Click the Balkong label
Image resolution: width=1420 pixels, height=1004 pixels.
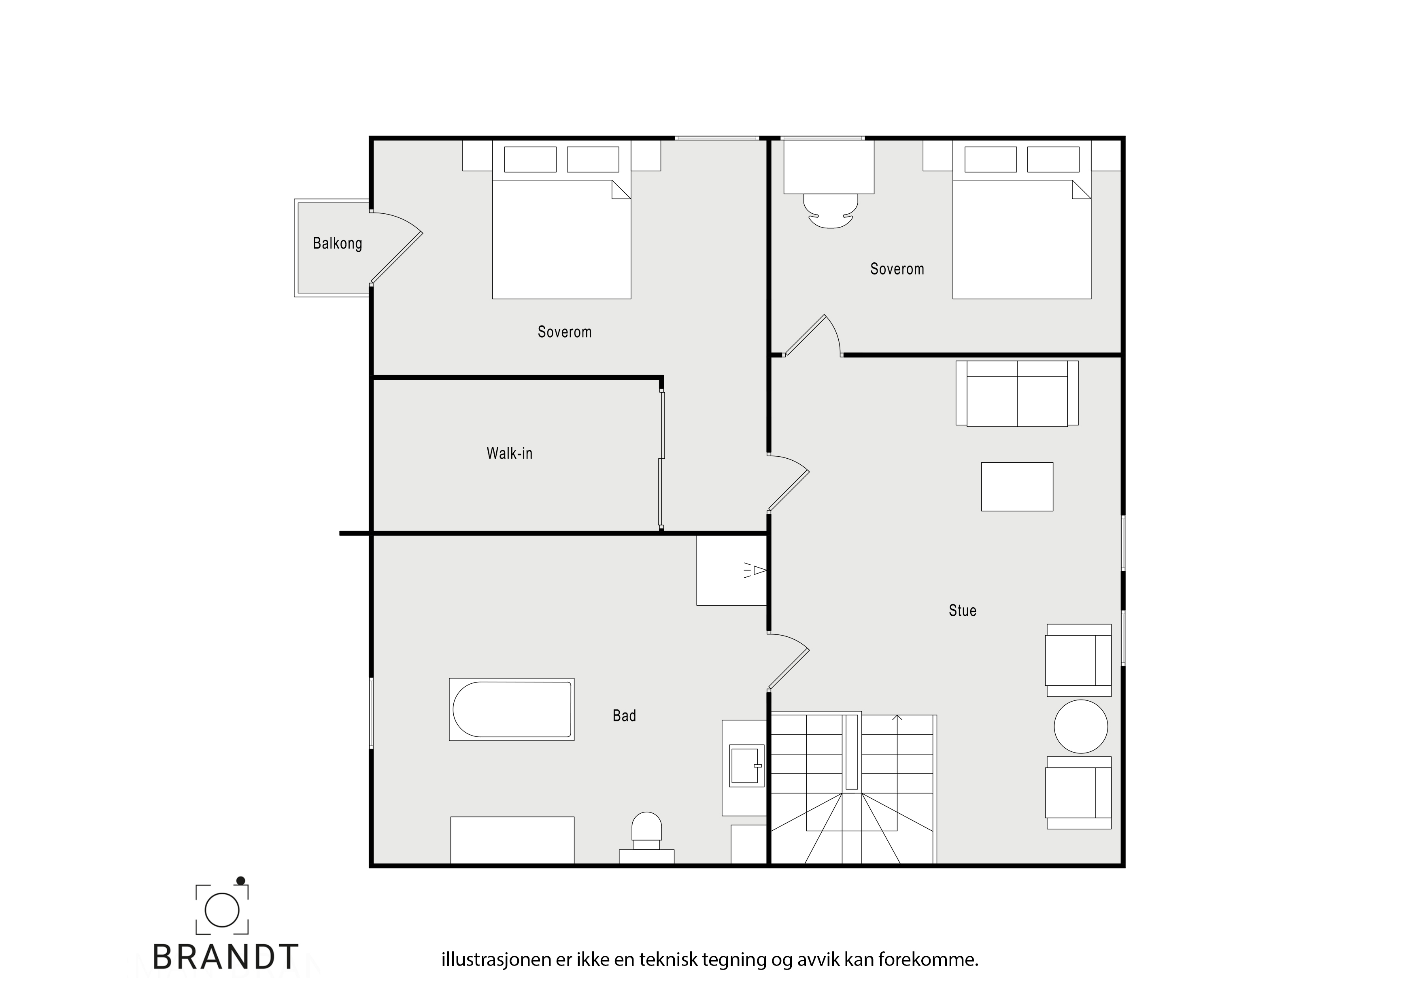[x=337, y=243]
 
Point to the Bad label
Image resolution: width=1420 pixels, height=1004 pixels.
[x=624, y=716]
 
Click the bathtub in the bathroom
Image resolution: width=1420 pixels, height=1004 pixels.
[x=512, y=710]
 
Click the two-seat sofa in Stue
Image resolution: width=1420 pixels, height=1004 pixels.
[x=1017, y=394]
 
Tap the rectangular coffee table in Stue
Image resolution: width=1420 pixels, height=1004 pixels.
[x=1017, y=487]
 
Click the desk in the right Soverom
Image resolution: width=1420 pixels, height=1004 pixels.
[x=829, y=167]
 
